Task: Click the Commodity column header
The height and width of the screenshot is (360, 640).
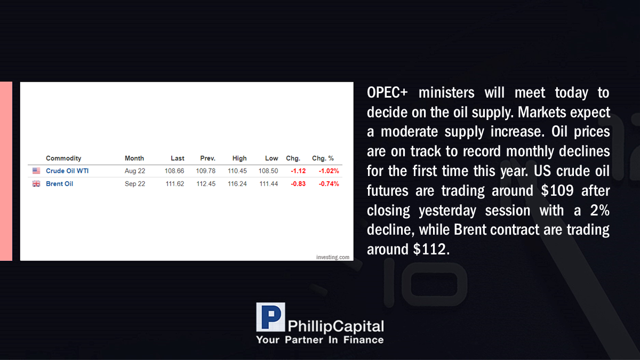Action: pyautogui.click(x=63, y=158)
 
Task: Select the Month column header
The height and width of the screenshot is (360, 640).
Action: pyautogui.click(x=134, y=158)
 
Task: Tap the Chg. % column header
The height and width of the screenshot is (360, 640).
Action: pyautogui.click(x=323, y=158)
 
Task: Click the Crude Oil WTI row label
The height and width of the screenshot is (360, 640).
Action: pyautogui.click(x=67, y=171)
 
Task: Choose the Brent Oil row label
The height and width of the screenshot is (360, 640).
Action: pyautogui.click(x=59, y=183)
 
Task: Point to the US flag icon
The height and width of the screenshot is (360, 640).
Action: pyautogui.click(x=36, y=171)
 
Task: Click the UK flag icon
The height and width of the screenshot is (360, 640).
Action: pyautogui.click(x=36, y=183)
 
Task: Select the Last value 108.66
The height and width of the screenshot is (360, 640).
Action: pyautogui.click(x=174, y=171)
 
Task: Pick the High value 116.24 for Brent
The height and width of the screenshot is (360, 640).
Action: pyautogui.click(x=237, y=183)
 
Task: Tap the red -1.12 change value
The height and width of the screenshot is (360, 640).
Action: pyautogui.click(x=298, y=171)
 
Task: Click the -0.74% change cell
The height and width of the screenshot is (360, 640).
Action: pyautogui.click(x=329, y=183)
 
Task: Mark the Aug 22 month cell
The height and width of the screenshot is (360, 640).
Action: pyautogui.click(x=135, y=171)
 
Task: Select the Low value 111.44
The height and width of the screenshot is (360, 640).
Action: pyautogui.click(x=269, y=183)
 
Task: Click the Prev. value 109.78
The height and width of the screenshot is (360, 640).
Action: pyautogui.click(x=206, y=171)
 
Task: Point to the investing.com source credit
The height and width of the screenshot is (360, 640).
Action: pyautogui.click(x=333, y=257)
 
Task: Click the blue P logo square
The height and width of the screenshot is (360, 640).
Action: pyautogui.click(x=270, y=317)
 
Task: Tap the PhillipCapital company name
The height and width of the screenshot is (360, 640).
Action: pyautogui.click(x=335, y=326)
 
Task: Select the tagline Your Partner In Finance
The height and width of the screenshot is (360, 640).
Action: pyautogui.click(x=320, y=340)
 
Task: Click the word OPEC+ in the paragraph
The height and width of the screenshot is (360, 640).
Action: pyautogui.click(x=387, y=93)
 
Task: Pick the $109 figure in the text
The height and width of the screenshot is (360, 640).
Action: pyautogui.click(x=557, y=190)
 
